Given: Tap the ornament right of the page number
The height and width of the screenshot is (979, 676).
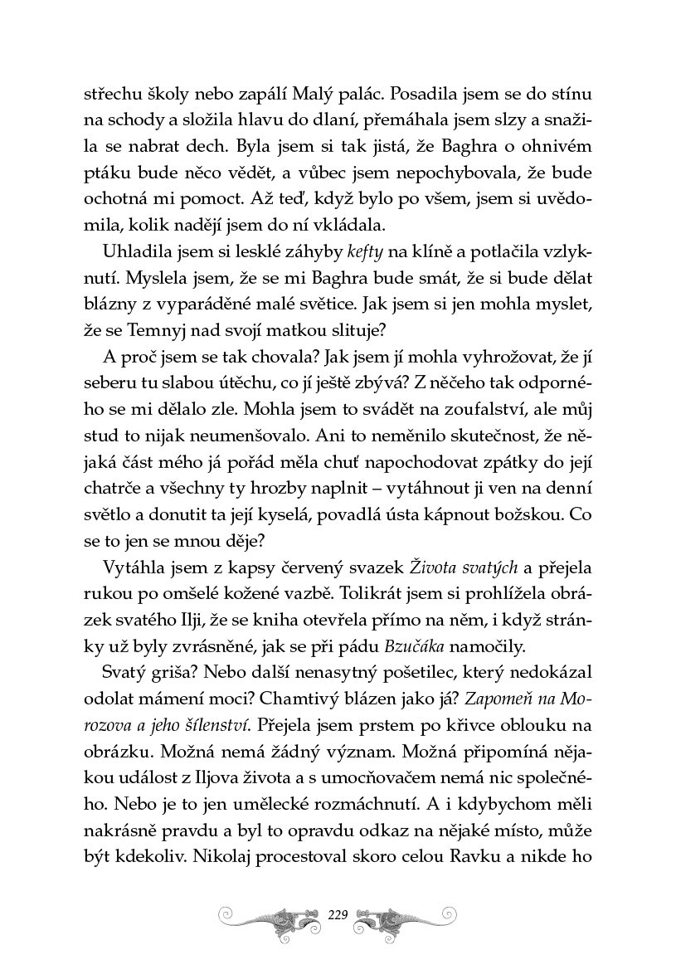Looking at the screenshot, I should click(406, 916).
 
